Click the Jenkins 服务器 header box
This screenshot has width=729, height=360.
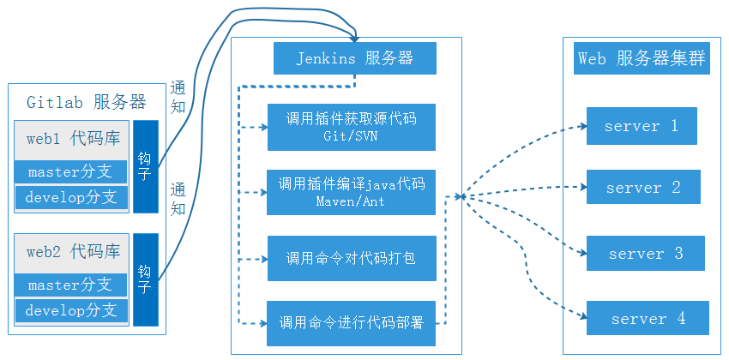coord(354,58)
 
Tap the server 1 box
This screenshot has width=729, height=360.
coord(642,126)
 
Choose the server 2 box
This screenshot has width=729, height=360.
coord(643,187)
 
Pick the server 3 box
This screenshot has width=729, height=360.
coord(645,254)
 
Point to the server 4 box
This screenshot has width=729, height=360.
coord(648,318)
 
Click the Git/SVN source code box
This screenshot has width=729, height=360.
coord(352,127)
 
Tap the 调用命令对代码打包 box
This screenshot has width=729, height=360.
coord(352,258)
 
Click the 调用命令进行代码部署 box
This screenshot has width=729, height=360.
coord(352,323)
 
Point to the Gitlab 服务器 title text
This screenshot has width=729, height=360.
coord(86,101)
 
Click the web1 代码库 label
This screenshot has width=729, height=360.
coord(72,138)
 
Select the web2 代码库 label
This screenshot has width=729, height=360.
coord(72,252)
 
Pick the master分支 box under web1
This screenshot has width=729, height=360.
coord(70,171)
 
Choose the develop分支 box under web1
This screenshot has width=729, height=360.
coord(70,196)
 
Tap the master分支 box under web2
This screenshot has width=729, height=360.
coord(70,285)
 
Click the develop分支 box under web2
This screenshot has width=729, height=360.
coord(70,310)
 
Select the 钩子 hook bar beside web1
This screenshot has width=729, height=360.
coord(146,166)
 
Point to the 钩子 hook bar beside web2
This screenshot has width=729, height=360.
coord(146,279)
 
